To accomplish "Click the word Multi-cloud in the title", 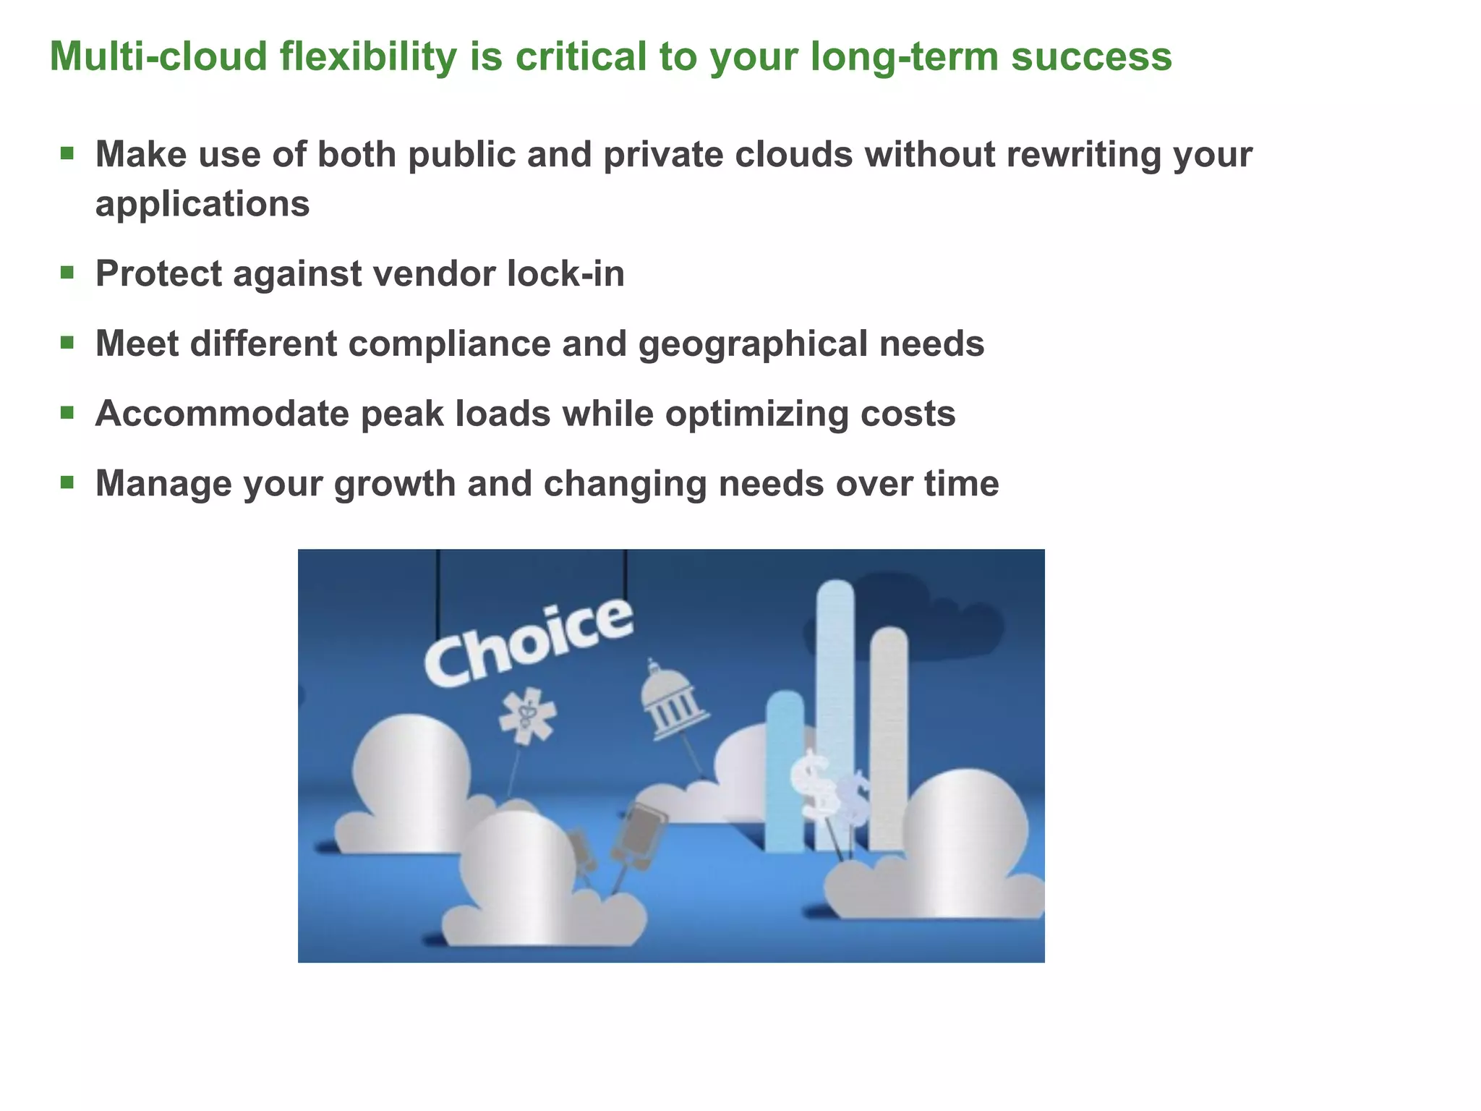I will pos(158,56).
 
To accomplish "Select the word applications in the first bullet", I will pos(202,205).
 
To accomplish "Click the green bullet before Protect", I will pos(67,273).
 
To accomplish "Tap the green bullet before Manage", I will pos(67,482).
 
